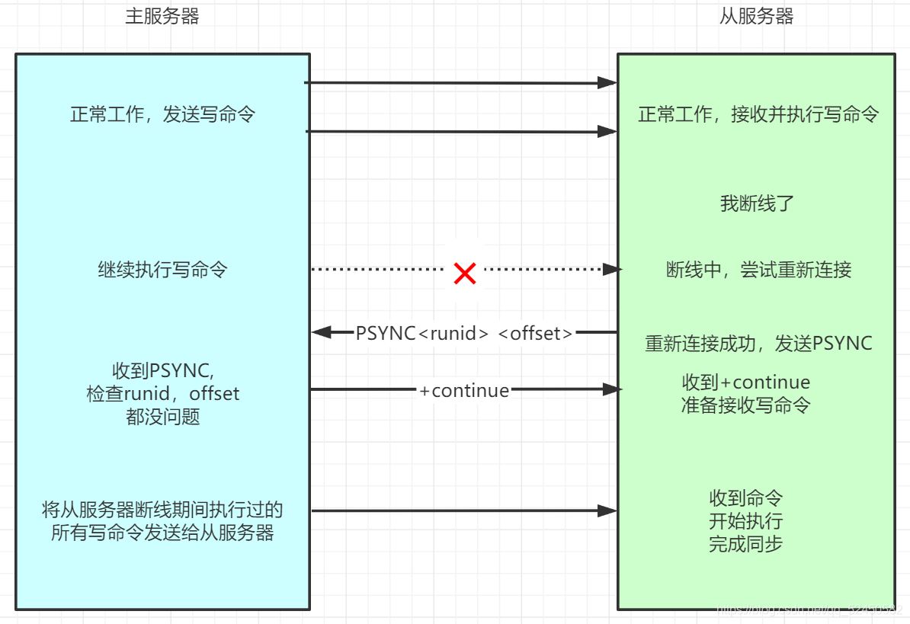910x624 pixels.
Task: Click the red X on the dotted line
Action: (x=464, y=272)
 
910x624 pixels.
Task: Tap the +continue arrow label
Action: (x=464, y=390)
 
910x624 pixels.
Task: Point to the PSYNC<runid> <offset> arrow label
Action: (x=464, y=333)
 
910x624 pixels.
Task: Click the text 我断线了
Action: (x=758, y=203)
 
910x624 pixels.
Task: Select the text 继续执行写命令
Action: (x=162, y=270)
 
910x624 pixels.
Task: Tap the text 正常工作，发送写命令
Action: (x=162, y=115)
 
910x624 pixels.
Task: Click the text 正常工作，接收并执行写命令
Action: (x=758, y=115)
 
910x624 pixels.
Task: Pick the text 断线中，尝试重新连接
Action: (x=758, y=270)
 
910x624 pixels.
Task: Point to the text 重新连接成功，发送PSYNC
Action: (x=758, y=344)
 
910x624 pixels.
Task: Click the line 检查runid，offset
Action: (x=162, y=394)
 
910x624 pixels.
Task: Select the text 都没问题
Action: (x=162, y=417)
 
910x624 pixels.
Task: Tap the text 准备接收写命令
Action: (x=745, y=405)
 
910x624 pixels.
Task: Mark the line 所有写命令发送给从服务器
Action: (x=162, y=533)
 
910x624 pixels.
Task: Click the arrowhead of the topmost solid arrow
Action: (x=607, y=82)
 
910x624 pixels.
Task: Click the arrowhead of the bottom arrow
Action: (x=607, y=510)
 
